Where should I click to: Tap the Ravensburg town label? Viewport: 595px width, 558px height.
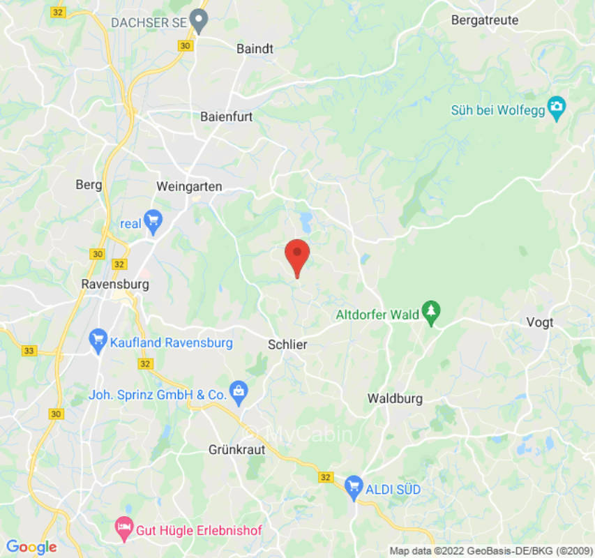115,285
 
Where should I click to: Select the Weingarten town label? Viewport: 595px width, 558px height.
190,187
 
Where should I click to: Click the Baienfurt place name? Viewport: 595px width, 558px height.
227,117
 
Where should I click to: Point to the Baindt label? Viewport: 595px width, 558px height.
255,49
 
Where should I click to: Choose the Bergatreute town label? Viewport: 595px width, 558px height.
485,20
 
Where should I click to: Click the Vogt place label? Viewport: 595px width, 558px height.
541,322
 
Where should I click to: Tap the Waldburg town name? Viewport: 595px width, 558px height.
395,399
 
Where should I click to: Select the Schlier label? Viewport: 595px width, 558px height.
287,345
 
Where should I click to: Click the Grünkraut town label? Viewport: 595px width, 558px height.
237,450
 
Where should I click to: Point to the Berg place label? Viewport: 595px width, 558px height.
89,185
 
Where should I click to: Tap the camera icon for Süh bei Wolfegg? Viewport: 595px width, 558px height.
557,108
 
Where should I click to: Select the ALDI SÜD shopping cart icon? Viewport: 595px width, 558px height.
354,485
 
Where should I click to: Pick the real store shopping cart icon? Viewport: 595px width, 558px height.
153,222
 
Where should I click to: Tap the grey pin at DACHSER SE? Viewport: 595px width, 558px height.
199,21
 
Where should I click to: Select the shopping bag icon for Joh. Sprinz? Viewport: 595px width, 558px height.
239,393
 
